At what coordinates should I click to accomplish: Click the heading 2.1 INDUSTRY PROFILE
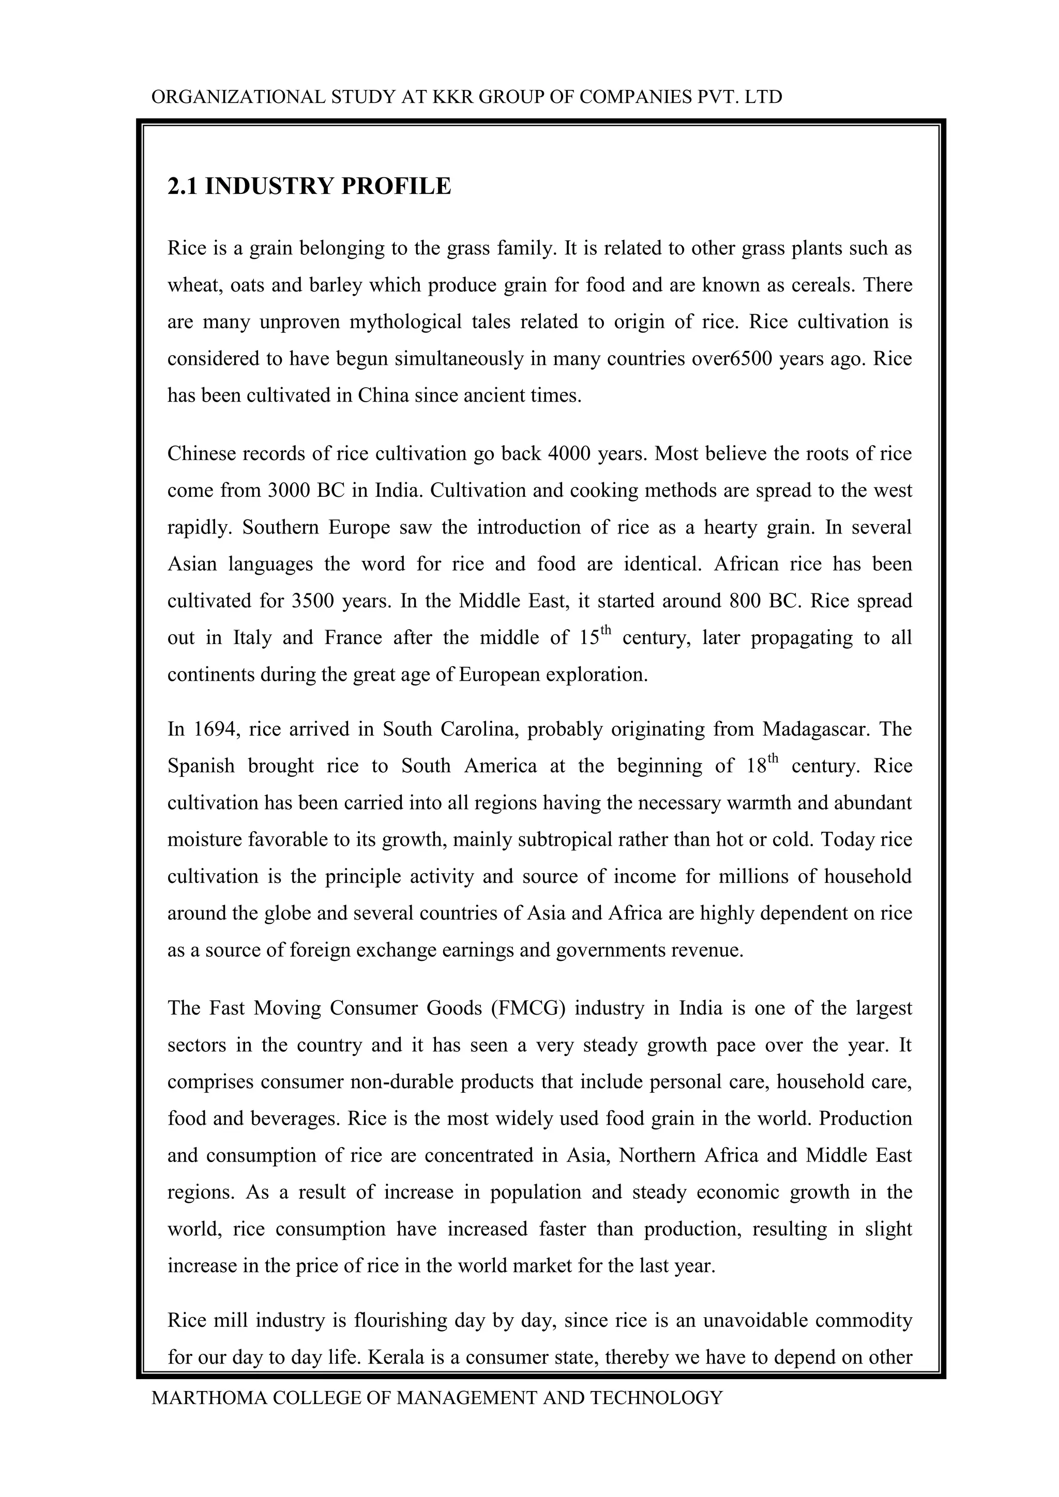point(309,187)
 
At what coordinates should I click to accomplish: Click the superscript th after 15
point(607,630)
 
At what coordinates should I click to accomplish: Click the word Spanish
point(201,766)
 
